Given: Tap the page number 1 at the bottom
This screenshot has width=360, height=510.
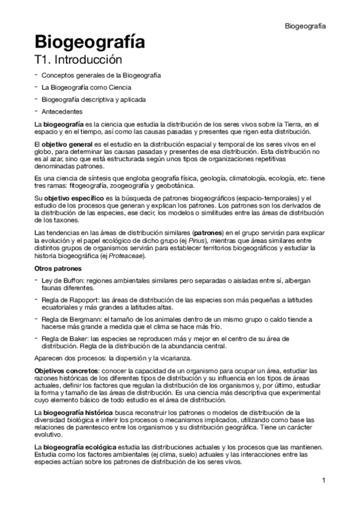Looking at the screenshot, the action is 323,480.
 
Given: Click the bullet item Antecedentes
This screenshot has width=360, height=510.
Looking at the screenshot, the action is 63,111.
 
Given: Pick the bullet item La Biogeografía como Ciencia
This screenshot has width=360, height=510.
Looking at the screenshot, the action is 87,88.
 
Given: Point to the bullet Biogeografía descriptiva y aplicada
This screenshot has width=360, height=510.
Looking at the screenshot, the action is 93,99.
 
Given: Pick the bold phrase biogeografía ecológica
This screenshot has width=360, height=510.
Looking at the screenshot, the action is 77,448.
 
